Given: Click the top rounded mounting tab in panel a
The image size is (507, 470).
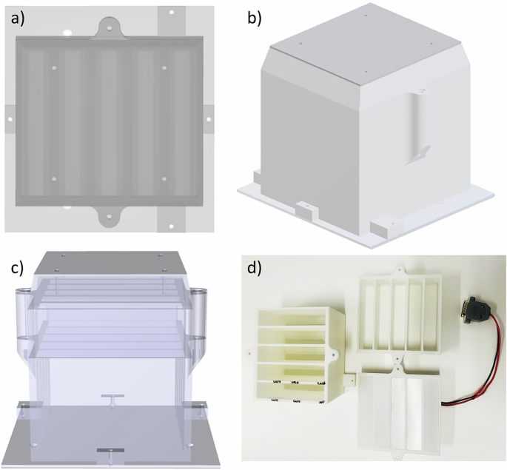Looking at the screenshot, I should (108, 27).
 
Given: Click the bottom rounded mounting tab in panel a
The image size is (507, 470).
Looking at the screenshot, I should (108, 216).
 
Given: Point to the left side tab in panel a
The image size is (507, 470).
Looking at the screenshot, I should (9, 118).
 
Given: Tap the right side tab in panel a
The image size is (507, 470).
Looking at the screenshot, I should (208, 118).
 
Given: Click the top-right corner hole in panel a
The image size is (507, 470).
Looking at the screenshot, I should (171, 13).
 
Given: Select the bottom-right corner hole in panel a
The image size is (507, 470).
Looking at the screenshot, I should (171, 225).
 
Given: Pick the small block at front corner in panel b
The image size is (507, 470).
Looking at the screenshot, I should (306, 210).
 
